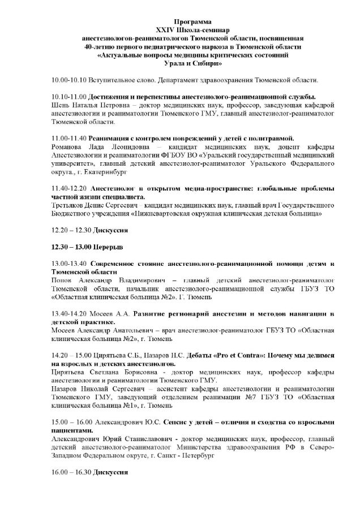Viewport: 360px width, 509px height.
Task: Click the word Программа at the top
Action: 179,19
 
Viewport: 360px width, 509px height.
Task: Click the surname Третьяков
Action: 70,205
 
